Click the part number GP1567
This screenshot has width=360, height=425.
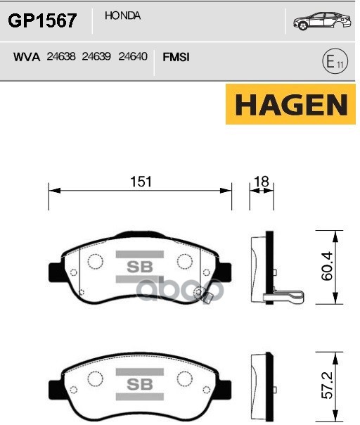pos(42,20)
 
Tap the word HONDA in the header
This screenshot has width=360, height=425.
pos(122,15)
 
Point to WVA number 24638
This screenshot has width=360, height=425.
pos(61,56)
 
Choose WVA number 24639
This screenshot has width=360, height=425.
pos(96,56)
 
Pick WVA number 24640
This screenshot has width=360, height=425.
pos(132,56)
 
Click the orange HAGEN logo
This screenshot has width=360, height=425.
pos(291,105)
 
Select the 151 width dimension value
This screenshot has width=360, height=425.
pos(141,182)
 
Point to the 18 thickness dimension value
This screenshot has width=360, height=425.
pos(262,182)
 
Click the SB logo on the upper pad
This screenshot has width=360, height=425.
pos(134,267)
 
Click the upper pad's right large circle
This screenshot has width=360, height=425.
pos(185,262)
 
